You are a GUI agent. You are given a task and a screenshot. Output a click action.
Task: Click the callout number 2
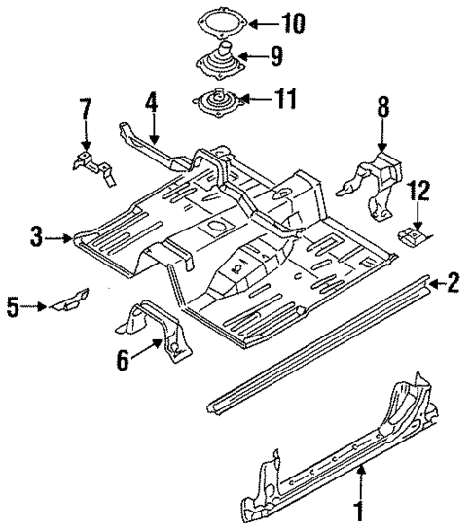(x=453, y=283)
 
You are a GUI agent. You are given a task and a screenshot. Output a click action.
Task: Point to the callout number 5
(x=14, y=307)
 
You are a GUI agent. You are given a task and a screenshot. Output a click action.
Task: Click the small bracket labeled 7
(x=92, y=165)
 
